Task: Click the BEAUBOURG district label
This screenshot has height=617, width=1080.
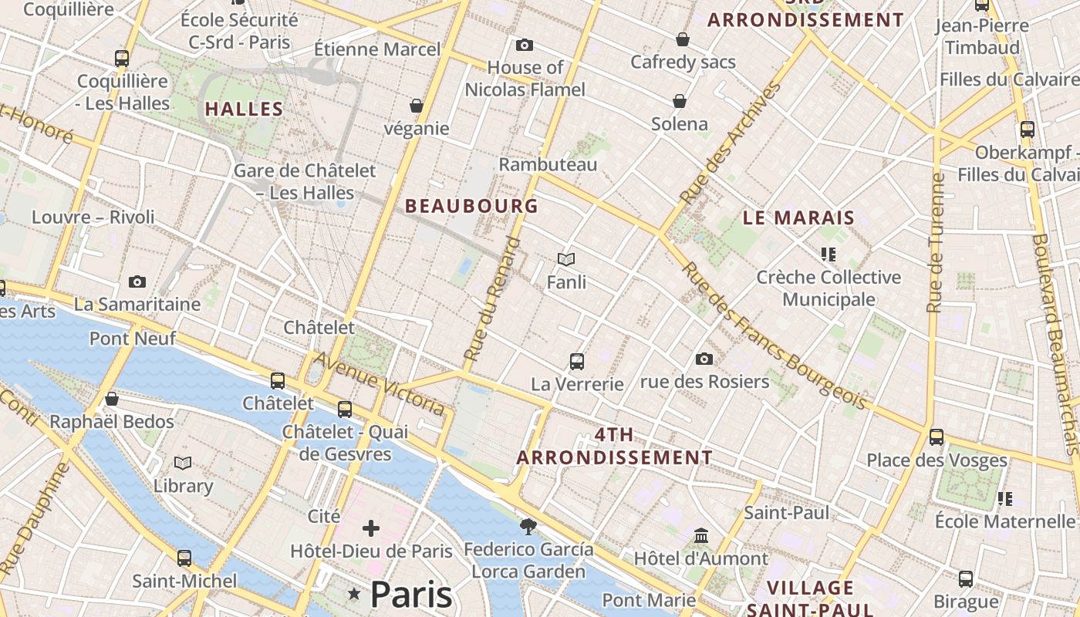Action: pyautogui.click(x=471, y=206)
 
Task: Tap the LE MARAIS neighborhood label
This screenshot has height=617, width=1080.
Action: pyautogui.click(x=798, y=217)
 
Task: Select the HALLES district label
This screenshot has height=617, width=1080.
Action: pyautogui.click(x=244, y=109)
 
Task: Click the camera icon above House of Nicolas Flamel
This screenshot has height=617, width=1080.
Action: pyautogui.click(x=525, y=46)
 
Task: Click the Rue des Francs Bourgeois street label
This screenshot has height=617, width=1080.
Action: pyautogui.click(x=773, y=336)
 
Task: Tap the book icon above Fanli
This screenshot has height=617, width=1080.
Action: pyautogui.click(x=566, y=259)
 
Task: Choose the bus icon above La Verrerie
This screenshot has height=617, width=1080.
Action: pyautogui.click(x=576, y=361)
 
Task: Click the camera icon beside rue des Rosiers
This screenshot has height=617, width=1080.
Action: pyautogui.click(x=704, y=359)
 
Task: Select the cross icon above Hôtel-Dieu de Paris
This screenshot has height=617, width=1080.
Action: pyautogui.click(x=371, y=528)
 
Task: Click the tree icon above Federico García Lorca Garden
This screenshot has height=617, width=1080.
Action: pyautogui.click(x=528, y=526)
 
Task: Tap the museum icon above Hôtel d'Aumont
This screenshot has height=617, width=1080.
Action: pyautogui.click(x=701, y=535)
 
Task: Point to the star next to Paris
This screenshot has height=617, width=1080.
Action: pyautogui.click(x=354, y=593)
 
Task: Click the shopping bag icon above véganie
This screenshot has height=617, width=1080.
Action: pyautogui.click(x=417, y=105)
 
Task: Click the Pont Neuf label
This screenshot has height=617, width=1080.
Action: pyautogui.click(x=133, y=338)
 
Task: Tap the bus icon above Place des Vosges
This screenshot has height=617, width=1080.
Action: pyautogui.click(x=937, y=437)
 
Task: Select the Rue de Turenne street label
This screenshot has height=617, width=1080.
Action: pyautogui.click(x=936, y=243)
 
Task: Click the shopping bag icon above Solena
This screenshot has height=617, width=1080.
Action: pyautogui.click(x=680, y=101)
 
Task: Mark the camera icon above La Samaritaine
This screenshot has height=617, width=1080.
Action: pyautogui.click(x=137, y=282)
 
